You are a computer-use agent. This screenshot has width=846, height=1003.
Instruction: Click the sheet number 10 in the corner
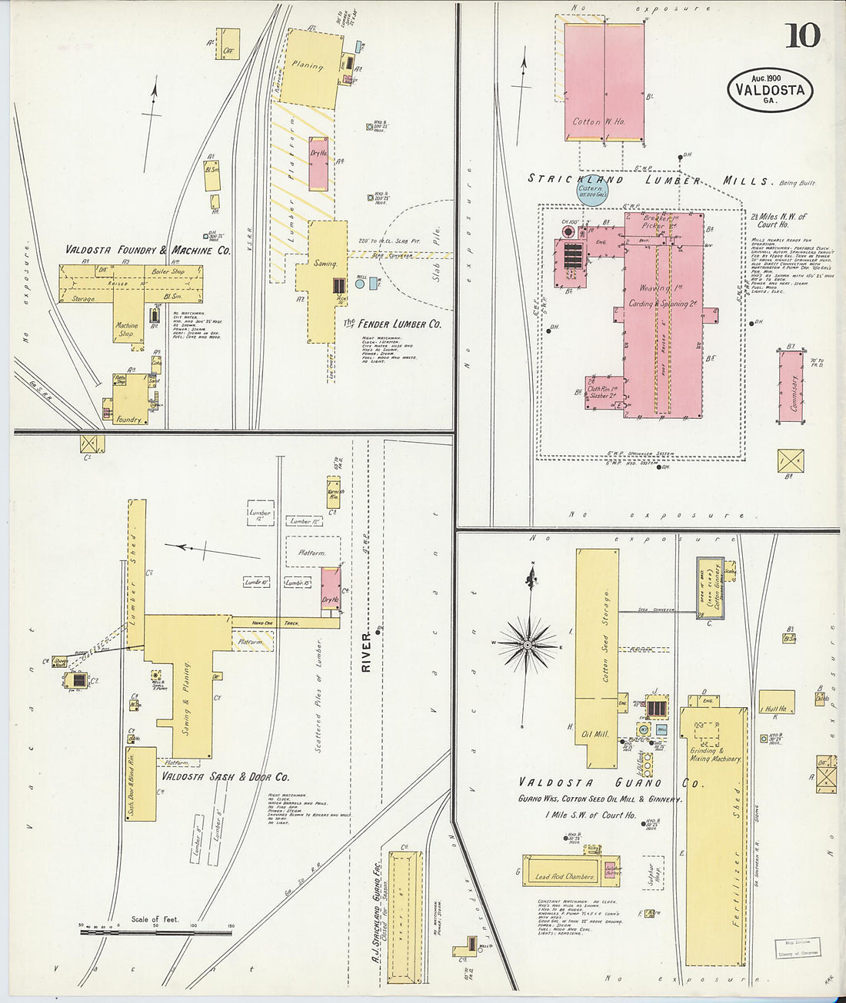(x=802, y=35)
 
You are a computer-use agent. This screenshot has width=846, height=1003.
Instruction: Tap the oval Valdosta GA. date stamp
(x=769, y=90)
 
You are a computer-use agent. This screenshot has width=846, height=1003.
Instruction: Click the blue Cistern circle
(x=591, y=191)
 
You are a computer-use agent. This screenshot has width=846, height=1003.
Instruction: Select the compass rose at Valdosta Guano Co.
(x=528, y=646)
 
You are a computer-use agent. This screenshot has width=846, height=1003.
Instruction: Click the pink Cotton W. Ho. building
(x=604, y=81)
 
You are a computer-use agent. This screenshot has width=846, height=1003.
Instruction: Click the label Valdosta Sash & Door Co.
(x=225, y=777)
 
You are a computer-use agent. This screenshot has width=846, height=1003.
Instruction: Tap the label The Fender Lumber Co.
(x=392, y=324)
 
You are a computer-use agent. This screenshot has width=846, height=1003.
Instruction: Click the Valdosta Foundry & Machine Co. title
(x=147, y=250)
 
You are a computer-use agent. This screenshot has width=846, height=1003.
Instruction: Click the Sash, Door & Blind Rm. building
(x=141, y=783)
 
